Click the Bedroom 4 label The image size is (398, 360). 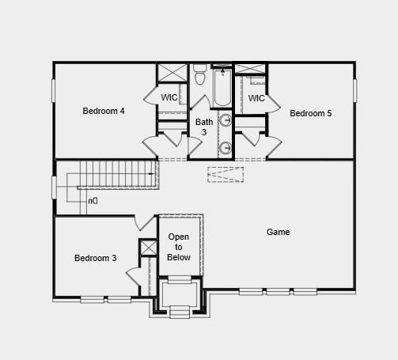104,111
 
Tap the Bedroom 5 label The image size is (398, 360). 310,113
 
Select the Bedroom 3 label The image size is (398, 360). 96,258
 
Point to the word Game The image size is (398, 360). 278,232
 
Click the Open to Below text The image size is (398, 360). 179,247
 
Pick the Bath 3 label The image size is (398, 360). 204,127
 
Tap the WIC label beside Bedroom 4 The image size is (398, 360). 169,97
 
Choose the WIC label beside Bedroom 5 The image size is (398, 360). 256,98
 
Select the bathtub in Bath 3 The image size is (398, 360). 222,89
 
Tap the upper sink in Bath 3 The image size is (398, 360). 225,121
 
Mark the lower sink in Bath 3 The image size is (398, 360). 225,147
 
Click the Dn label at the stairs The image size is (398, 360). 93,201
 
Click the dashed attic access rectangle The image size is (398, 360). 226,174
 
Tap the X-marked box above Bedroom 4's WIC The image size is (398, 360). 171,73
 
